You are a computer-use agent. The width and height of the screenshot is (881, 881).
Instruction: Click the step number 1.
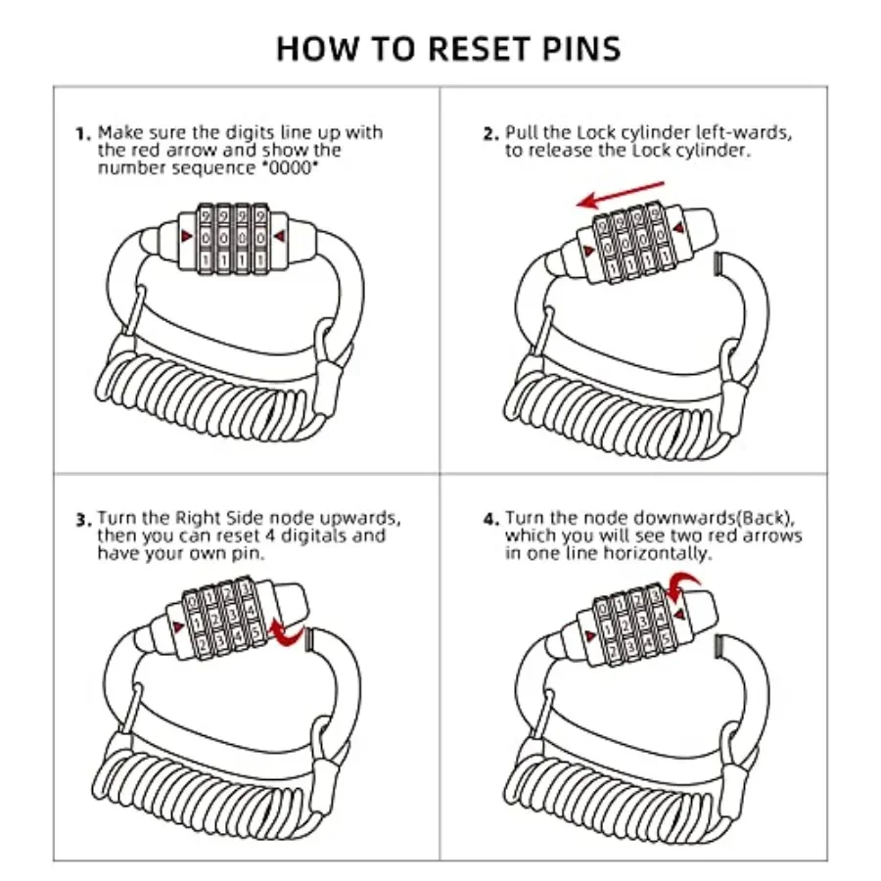click(82, 134)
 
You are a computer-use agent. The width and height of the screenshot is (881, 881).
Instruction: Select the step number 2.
click(489, 134)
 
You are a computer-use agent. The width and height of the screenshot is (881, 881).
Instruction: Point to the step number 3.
click(82, 520)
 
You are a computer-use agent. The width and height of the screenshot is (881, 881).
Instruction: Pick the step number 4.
click(489, 520)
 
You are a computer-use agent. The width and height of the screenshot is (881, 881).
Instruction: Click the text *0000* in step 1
click(291, 167)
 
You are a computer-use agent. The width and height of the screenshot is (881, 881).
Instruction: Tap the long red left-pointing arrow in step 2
click(621, 193)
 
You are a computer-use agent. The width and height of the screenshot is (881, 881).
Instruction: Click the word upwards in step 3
click(363, 518)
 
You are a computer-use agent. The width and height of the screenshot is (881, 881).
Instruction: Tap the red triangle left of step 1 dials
click(185, 236)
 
